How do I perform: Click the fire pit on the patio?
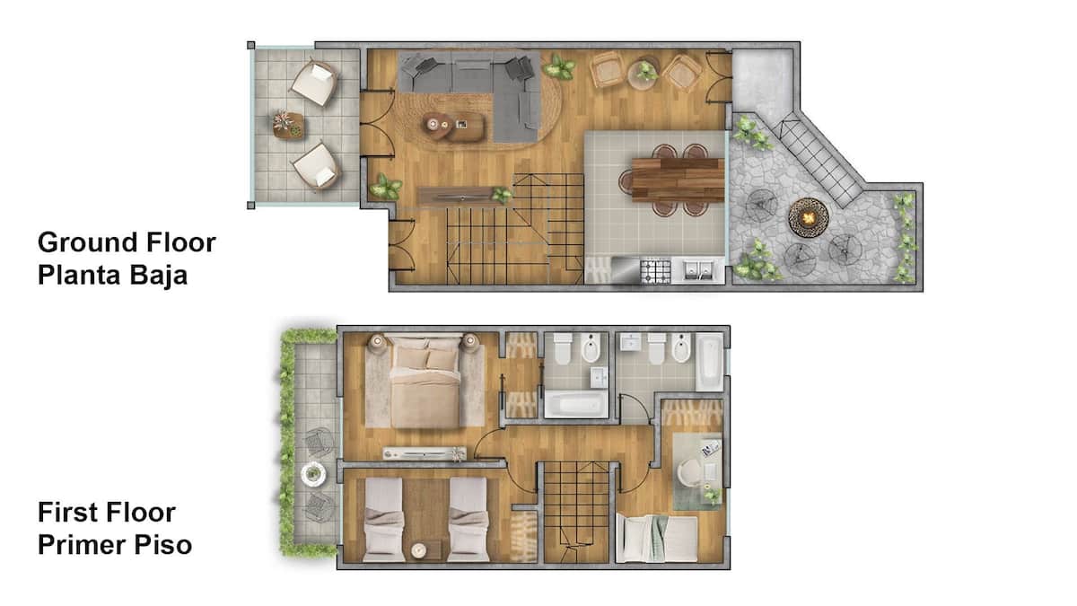[809, 218]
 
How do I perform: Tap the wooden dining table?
[678, 180]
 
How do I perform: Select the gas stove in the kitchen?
[655, 271]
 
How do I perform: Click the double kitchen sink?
[698, 271]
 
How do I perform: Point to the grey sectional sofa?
[481, 92]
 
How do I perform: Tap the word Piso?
[162, 545]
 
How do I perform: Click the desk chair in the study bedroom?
[688, 472]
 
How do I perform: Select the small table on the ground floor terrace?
[288, 125]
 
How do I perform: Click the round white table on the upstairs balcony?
[313, 474]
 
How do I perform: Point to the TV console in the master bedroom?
[424, 453]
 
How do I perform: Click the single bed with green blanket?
[657, 539]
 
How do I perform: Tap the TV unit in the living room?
[460, 197]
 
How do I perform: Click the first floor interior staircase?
[576, 512]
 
